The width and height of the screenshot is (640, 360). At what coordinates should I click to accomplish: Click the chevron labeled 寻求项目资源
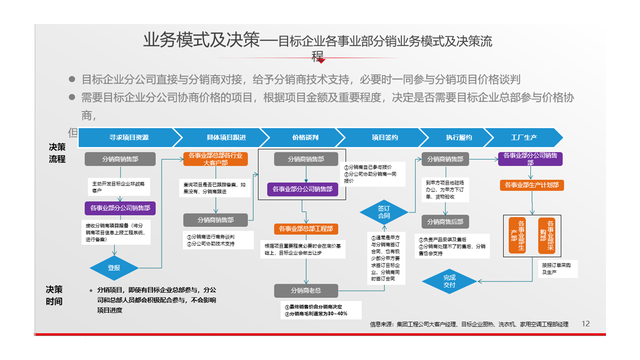pyautogui.click(x=128, y=137)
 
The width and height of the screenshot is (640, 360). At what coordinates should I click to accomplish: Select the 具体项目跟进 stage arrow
pyautogui.click(x=218, y=137)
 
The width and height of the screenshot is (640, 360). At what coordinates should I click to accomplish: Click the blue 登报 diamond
pyautogui.click(x=114, y=268)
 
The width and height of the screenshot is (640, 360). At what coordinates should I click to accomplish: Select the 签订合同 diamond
pyautogui.click(x=383, y=212)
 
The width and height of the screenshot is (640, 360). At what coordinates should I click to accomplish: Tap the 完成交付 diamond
pyautogui.click(x=449, y=281)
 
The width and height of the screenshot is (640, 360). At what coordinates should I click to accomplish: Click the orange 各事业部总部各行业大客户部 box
pyautogui.click(x=215, y=159)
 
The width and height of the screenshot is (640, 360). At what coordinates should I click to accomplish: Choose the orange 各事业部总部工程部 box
pyautogui.click(x=305, y=229)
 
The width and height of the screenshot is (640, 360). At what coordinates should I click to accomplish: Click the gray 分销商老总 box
pyautogui.click(x=305, y=290)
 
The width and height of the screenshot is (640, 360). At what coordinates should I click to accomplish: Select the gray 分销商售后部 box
pyautogui.click(x=445, y=221)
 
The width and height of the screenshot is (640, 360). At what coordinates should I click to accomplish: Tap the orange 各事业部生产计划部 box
pyautogui.click(x=532, y=185)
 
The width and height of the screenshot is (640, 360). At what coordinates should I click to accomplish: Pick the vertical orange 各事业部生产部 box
pyautogui.click(x=517, y=235)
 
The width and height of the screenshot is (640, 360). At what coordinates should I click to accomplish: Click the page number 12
pyautogui.click(x=586, y=323)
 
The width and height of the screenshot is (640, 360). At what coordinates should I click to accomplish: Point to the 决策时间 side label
pyautogui.click(x=54, y=295)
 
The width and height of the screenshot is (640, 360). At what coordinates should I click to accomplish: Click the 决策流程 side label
pyautogui.click(x=57, y=153)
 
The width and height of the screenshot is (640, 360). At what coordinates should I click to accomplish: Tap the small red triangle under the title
pyautogui.click(x=321, y=61)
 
